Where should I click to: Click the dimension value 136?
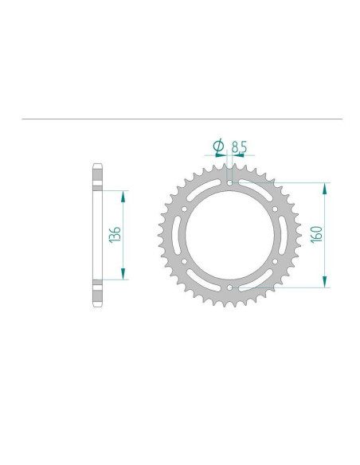point(115,235)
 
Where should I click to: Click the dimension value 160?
point(316,234)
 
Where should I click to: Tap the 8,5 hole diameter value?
point(239,147)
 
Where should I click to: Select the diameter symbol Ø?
point(218,147)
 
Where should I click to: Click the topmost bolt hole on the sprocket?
point(229,183)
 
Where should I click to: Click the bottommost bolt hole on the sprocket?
point(229,287)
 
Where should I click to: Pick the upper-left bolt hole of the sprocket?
point(184,209)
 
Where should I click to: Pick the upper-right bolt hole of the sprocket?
point(275,209)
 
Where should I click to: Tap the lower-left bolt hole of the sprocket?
point(184,261)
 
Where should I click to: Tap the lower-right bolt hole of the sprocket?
point(275,261)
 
